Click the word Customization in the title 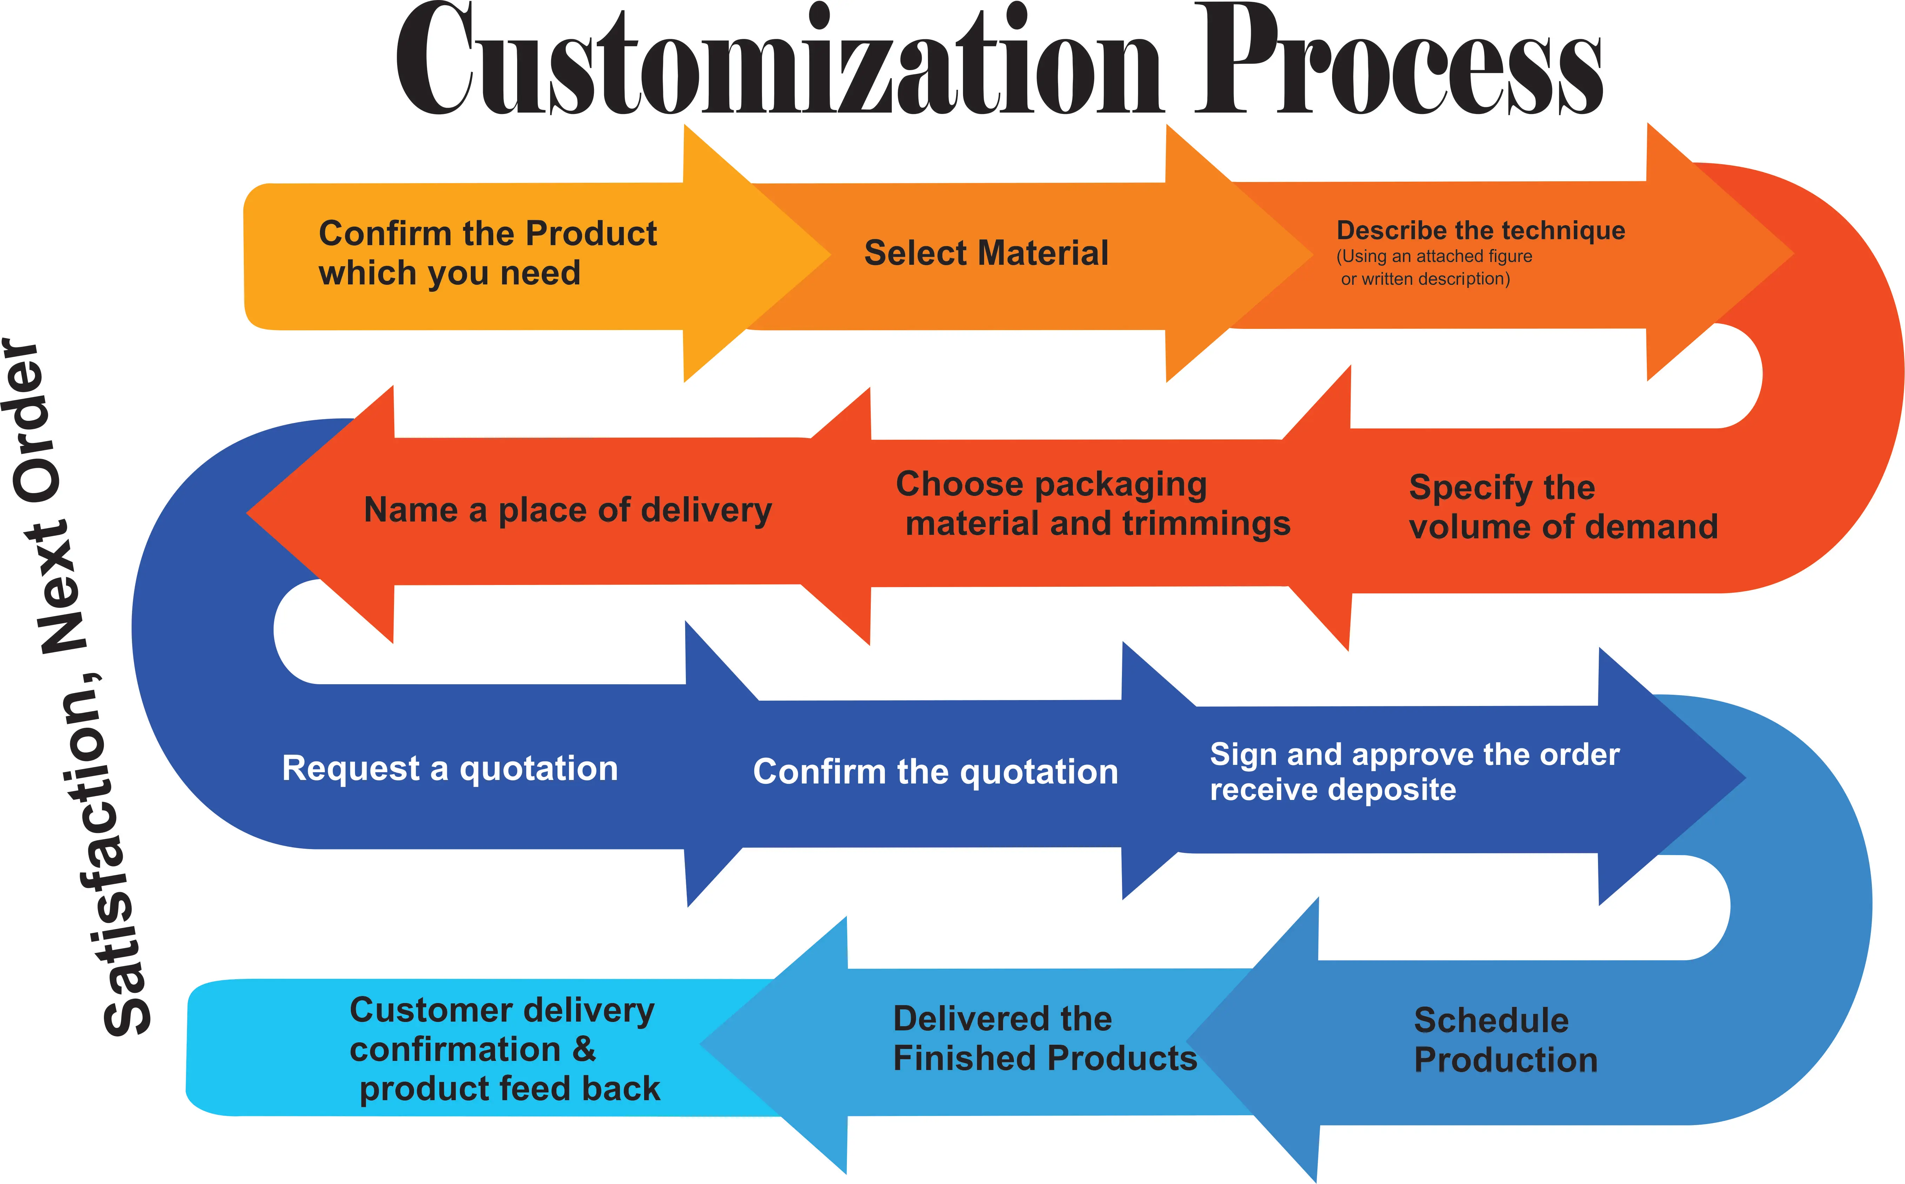[x=775, y=61]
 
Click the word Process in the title [x=1398, y=61]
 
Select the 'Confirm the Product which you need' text [x=487, y=253]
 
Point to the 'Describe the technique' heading [x=1480, y=230]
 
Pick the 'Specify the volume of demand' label [x=1563, y=507]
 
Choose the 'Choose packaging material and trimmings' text [x=1093, y=504]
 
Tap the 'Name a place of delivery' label [x=568, y=510]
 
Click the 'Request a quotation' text [x=450, y=768]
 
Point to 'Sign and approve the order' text [x=1414, y=754]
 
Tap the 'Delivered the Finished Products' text [x=1044, y=1038]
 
